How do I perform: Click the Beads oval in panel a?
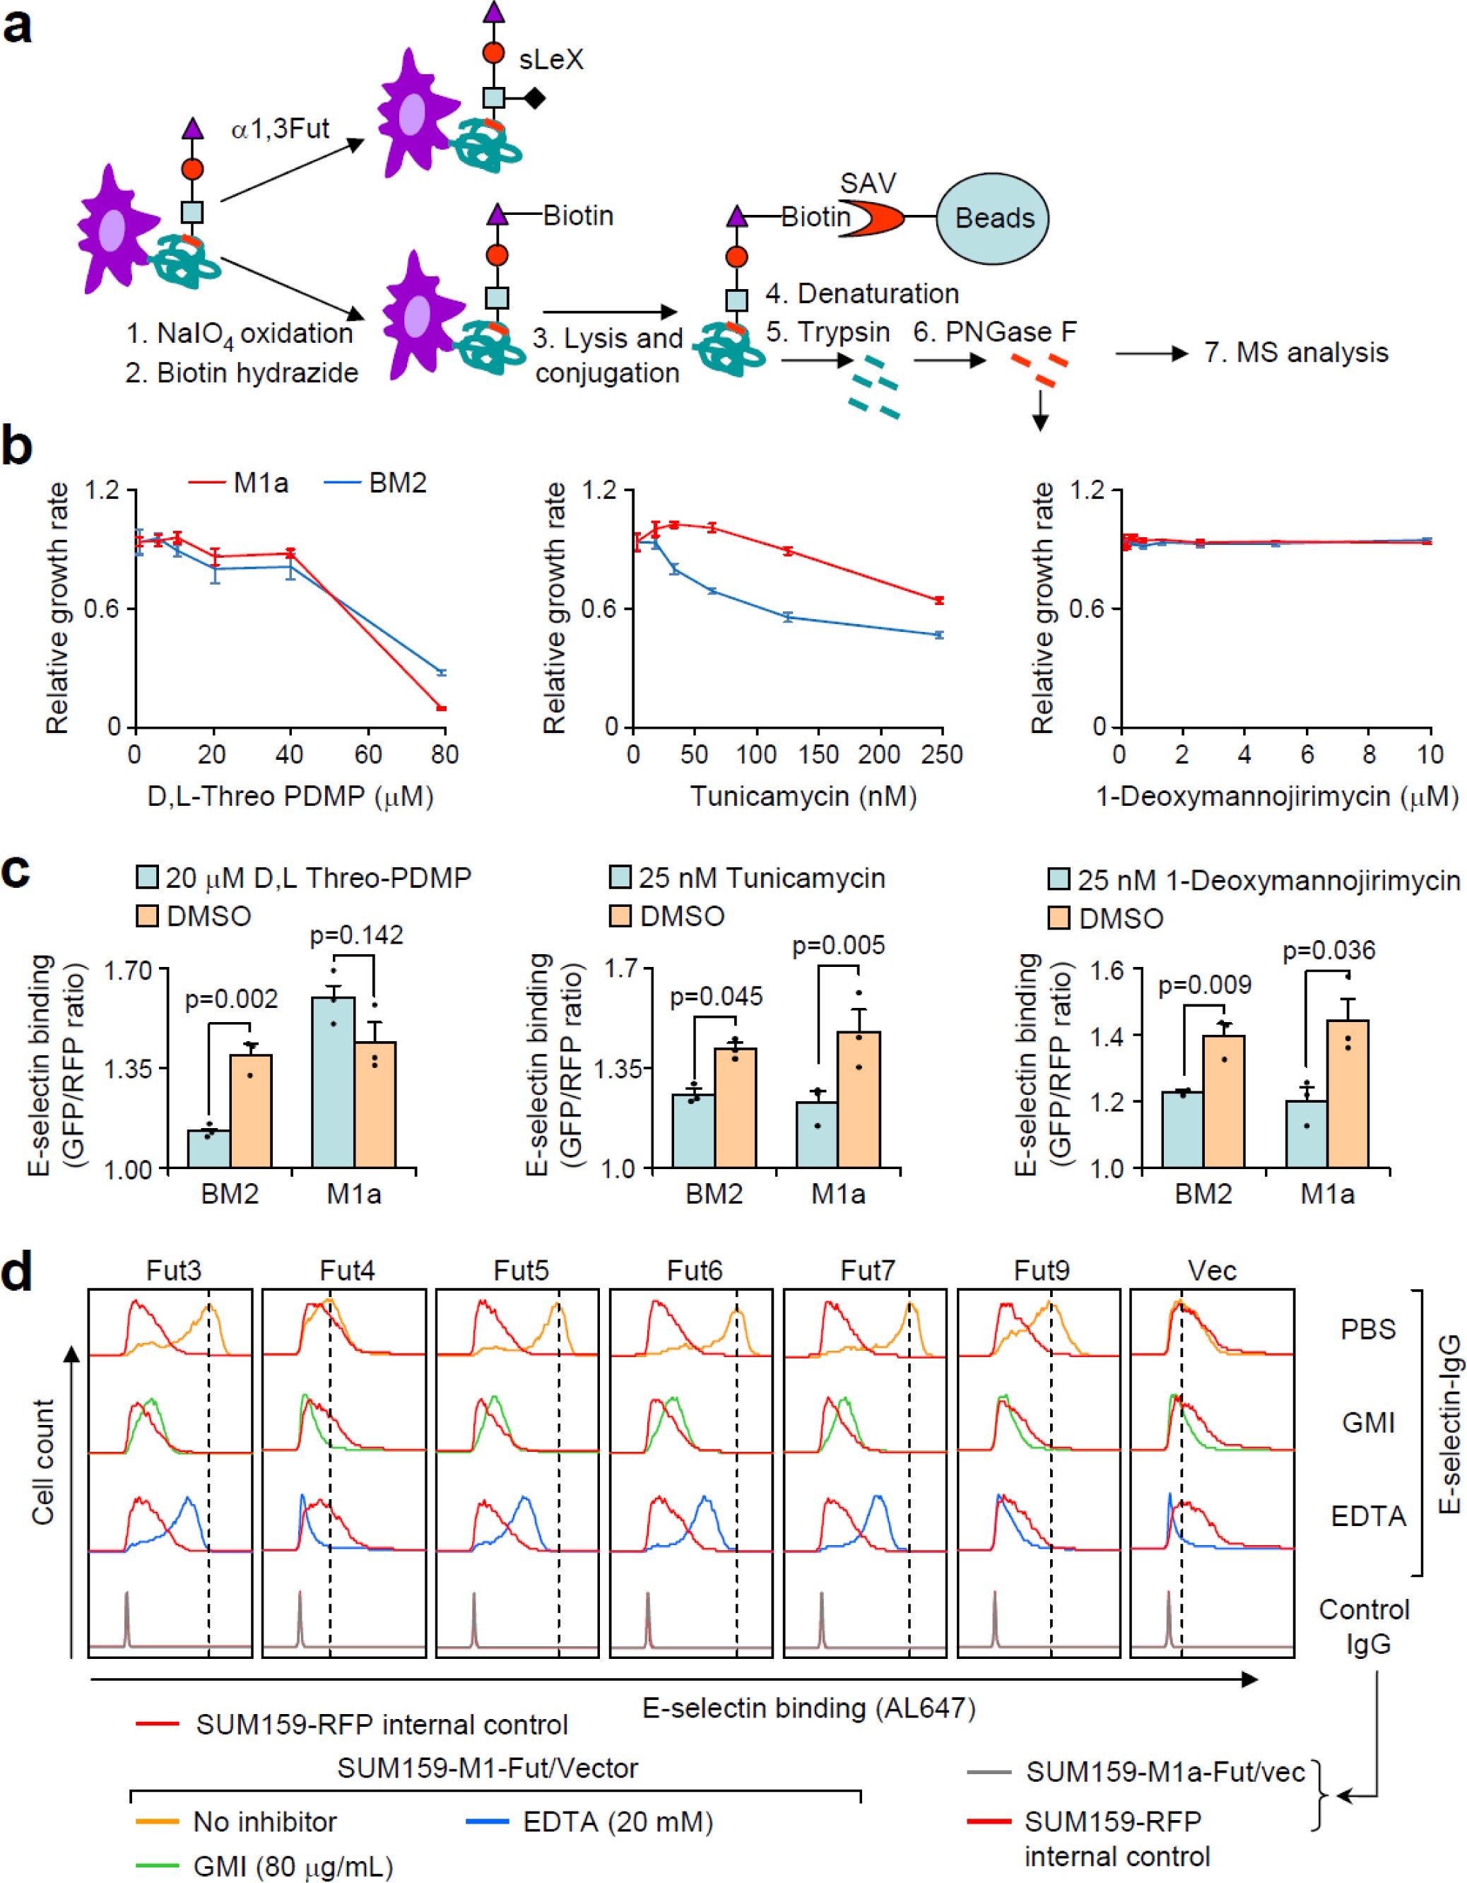(994, 219)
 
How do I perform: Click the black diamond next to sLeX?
(534, 98)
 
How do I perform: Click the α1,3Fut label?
(280, 129)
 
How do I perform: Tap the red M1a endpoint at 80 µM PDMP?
(442, 708)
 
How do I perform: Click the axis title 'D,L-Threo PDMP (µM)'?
(290, 796)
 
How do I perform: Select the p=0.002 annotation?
(231, 999)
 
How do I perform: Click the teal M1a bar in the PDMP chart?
(334, 1082)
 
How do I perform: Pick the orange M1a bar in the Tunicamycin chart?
(859, 1099)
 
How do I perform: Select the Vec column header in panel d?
(1211, 1271)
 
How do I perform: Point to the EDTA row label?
(1368, 1515)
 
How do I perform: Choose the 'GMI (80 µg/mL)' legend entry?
(293, 1867)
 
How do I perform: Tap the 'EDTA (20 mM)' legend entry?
(617, 1822)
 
